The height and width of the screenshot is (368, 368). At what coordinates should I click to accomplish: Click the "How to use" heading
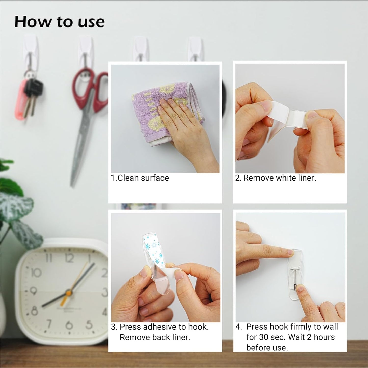point(59,22)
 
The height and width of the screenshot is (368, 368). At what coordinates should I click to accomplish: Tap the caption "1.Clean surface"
point(140,178)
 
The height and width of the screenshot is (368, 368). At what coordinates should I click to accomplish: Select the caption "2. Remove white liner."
point(275,178)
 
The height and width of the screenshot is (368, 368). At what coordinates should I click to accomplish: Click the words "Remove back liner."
point(155,337)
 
